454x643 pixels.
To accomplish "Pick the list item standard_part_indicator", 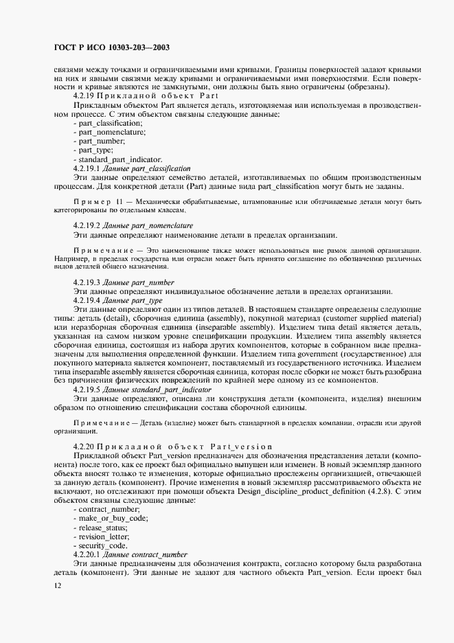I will pyautogui.click(x=117, y=159).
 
